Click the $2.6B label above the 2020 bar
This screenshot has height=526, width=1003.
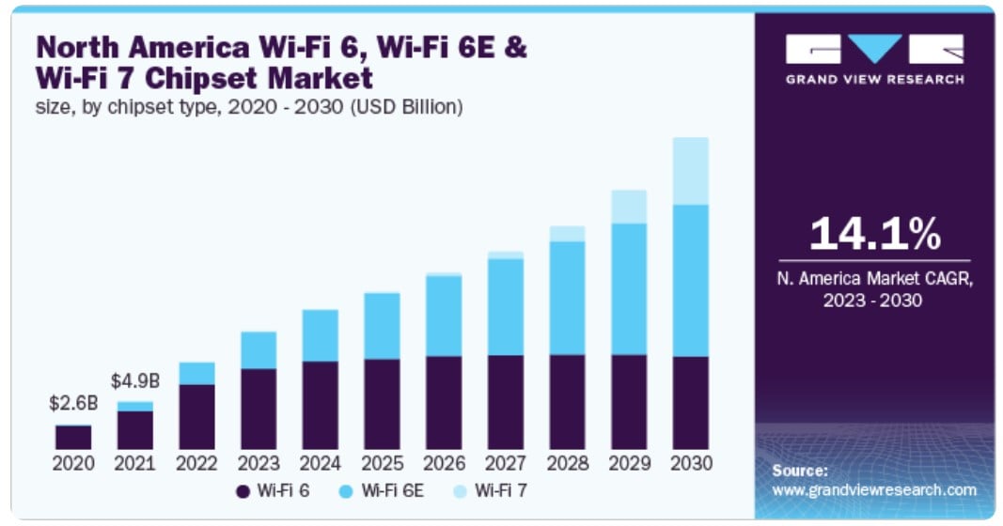[72, 404]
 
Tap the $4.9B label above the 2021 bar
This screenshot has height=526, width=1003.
[134, 381]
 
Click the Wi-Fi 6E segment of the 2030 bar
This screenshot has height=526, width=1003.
[691, 280]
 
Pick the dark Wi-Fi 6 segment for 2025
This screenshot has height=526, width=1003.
[382, 404]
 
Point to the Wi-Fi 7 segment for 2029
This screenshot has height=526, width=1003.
[629, 207]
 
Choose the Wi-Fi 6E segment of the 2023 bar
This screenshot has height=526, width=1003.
[259, 350]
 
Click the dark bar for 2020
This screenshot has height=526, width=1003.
[73, 437]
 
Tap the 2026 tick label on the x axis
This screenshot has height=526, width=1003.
[444, 463]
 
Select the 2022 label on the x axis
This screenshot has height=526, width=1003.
[196, 463]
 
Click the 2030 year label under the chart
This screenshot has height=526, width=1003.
[691, 463]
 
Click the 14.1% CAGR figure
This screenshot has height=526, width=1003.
[874, 234]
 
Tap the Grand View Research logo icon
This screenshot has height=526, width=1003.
[874, 49]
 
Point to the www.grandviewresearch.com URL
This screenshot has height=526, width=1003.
[874, 489]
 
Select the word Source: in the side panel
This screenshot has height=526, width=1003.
[800, 471]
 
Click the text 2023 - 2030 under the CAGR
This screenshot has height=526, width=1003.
[874, 301]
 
